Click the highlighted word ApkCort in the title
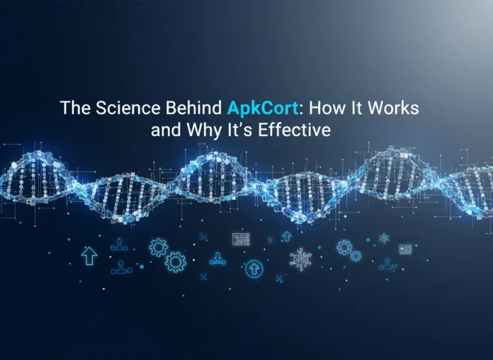point(255,110)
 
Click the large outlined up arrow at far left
point(89,256)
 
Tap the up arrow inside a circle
point(253,269)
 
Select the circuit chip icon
point(300,258)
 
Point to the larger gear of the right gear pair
point(344,247)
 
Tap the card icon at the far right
point(405,249)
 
